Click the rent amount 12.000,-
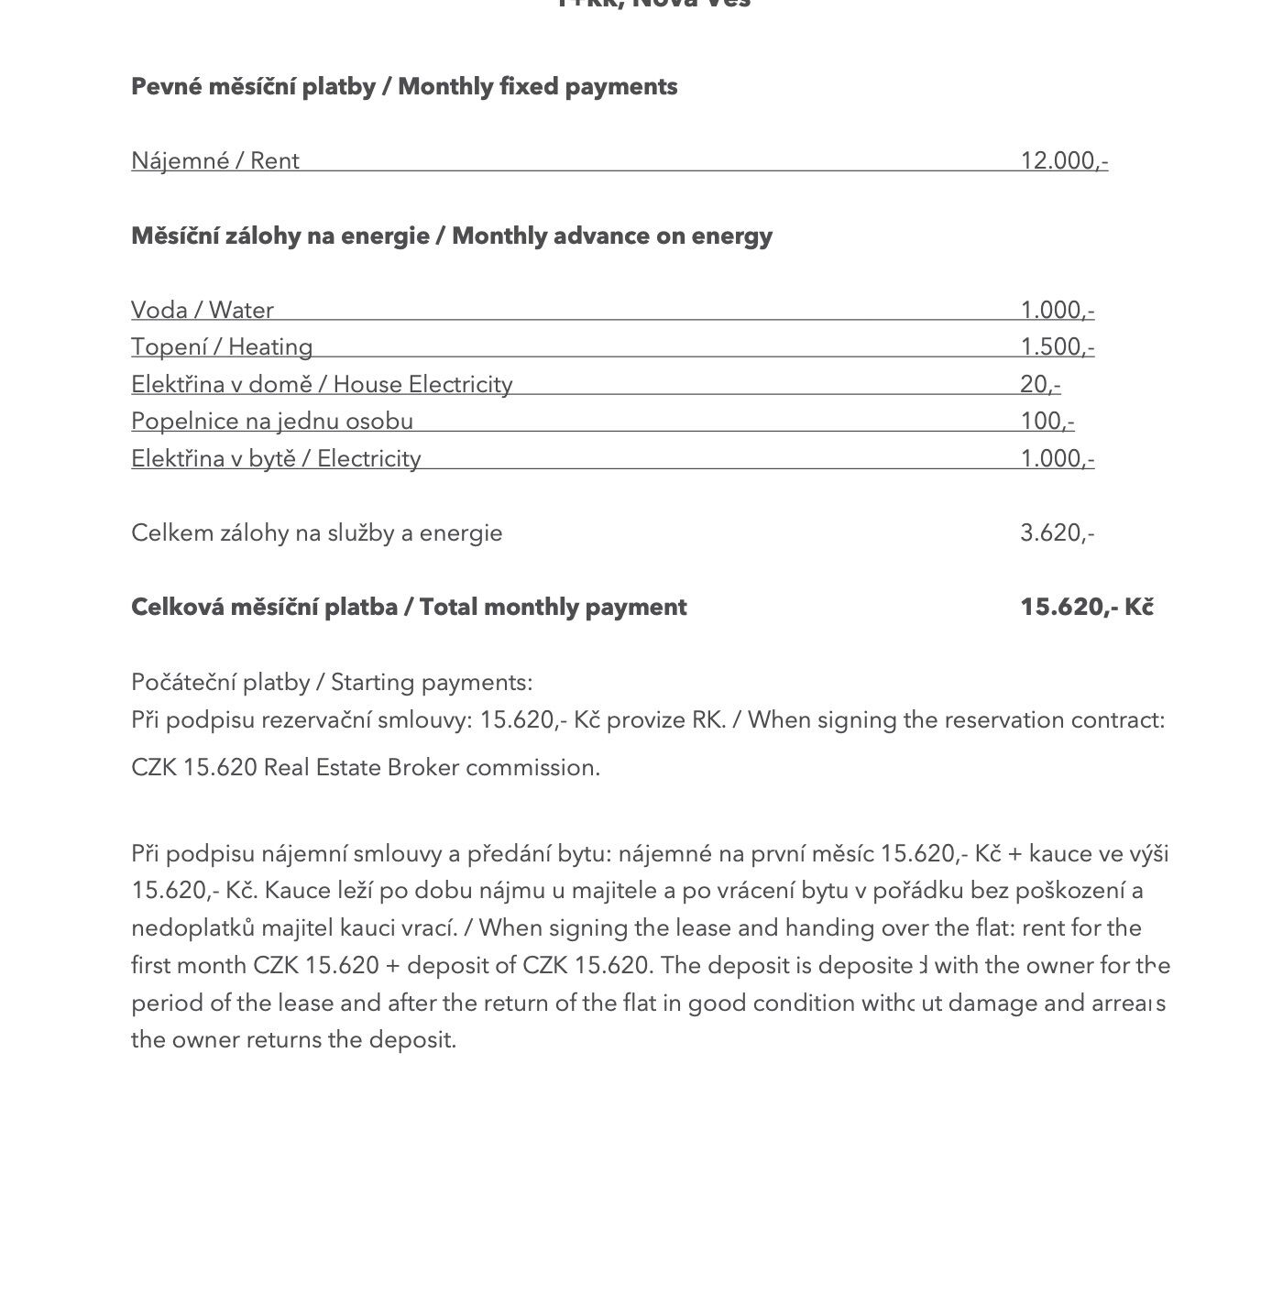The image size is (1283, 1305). (1064, 161)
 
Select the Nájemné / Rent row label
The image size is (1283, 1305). (215, 161)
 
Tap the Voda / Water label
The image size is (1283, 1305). (203, 311)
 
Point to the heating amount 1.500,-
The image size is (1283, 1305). (1058, 347)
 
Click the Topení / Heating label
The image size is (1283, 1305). (222, 347)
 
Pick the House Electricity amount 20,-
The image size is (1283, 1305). (1040, 385)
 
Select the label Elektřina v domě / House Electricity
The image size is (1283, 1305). (322, 385)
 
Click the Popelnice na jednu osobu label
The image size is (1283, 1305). (272, 422)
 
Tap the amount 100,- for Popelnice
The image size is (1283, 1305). (1047, 422)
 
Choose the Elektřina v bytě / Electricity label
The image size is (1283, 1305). (276, 459)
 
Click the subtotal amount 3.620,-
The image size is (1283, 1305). (1058, 533)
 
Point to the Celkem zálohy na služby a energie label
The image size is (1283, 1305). (317, 533)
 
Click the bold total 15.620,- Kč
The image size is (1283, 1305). (1087, 608)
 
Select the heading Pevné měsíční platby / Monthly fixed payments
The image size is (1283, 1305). (404, 87)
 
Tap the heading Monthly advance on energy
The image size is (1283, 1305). (612, 236)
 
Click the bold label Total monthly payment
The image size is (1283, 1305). (553, 608)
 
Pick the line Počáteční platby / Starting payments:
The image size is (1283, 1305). (332, 683)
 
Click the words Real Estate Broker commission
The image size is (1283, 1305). (432, 768)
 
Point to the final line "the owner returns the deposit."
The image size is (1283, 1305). (293, 1040)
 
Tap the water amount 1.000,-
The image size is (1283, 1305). (1058, 311)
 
